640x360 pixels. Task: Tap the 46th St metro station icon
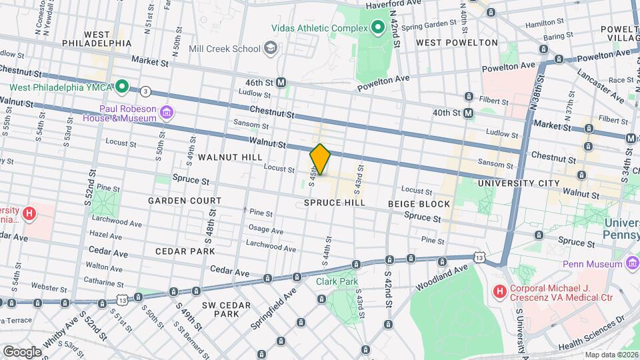click(x=281, y=82)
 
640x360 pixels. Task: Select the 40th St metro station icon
click(x=469, y=113)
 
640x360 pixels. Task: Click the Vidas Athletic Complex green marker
click(x=377, y=27)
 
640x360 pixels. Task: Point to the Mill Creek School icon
click(x=271, y=48)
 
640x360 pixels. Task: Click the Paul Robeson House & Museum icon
click(x=166, y=113)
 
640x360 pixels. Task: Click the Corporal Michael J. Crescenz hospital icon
click(x=499, y=292)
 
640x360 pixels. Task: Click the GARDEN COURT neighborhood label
click(x=185, y=201)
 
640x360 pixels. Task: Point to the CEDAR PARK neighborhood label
click(x=185, y=251)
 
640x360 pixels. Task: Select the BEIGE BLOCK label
click(x=419, y=203)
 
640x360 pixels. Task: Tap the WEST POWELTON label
click(x=457, y=43)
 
